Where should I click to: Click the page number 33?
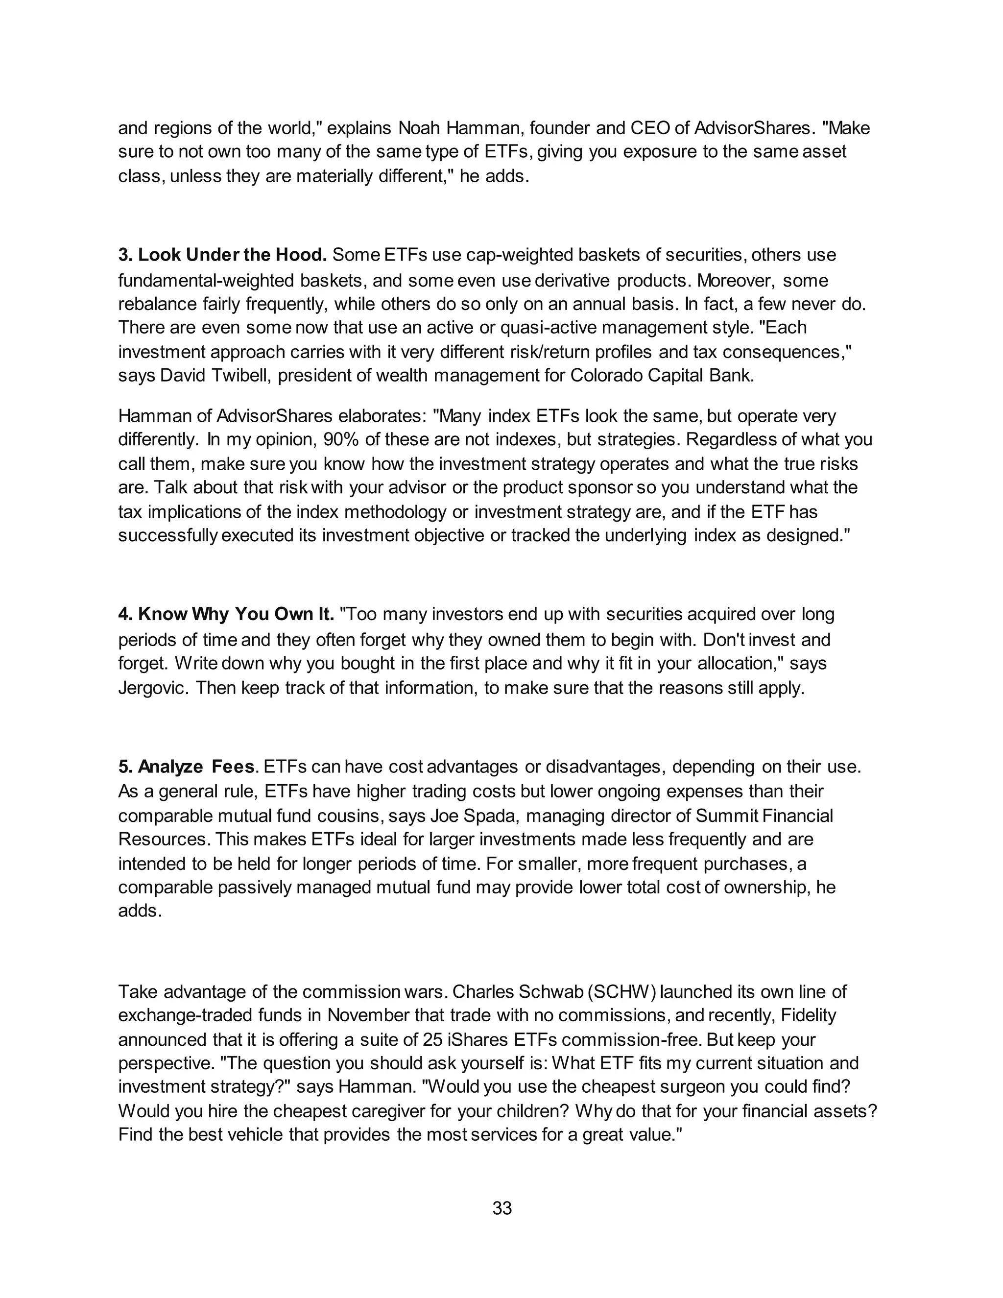502,1208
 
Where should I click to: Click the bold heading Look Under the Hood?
223,255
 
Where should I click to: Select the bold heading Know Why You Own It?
226,614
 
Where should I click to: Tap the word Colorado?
603,376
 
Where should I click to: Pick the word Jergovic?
154,688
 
